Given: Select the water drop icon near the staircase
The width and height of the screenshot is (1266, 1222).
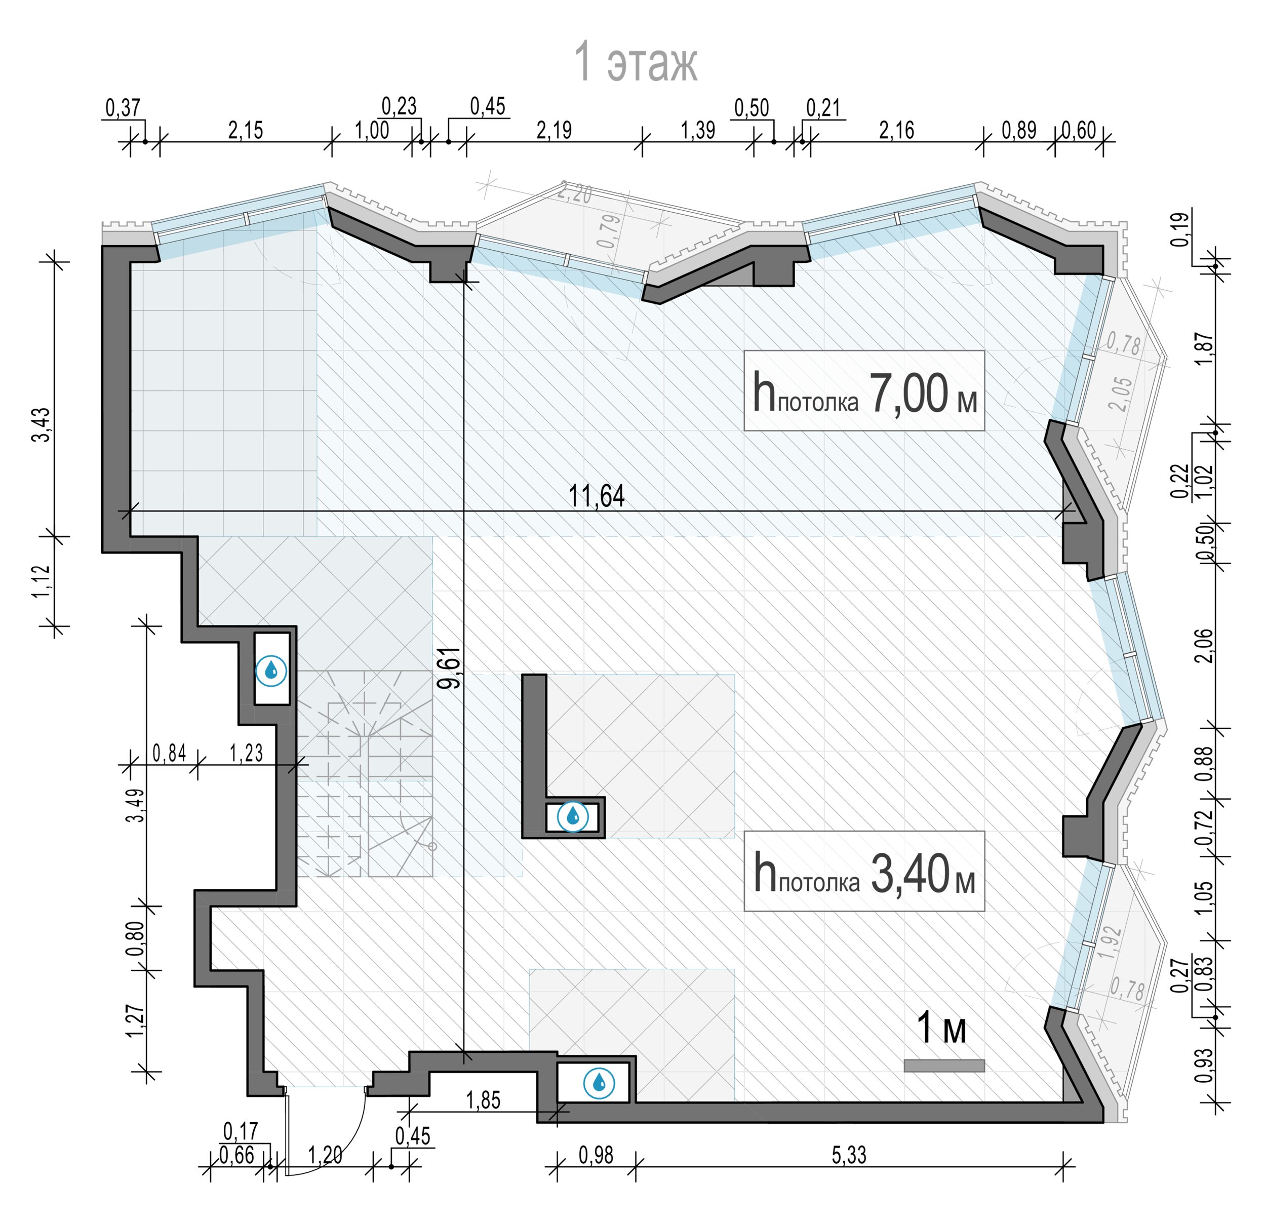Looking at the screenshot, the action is coord(271,671).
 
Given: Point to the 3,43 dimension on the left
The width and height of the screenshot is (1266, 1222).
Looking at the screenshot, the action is coord(42,424).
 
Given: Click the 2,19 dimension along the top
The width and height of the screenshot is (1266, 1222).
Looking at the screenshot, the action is coord(554,131).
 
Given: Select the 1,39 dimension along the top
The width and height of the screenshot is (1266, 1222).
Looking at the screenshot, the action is coord(698,131).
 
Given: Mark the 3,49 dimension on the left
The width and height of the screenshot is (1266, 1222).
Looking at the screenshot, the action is coord(136,805).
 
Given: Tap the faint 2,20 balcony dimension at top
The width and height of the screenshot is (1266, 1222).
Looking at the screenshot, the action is coord(574,193).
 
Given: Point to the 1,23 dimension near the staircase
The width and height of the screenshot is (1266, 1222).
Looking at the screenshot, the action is coord(246,753).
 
